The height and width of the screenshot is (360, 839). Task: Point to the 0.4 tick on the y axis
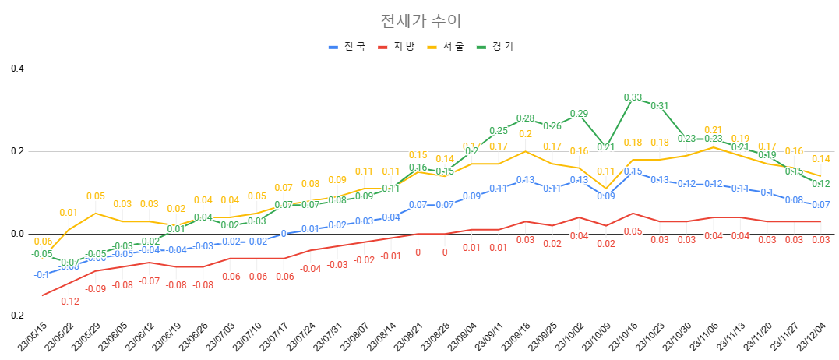click(17, 69)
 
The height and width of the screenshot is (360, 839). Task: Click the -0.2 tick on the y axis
click(16, 316)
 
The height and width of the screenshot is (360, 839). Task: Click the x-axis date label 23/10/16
click(622, 337)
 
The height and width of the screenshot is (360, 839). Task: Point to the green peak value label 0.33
click(633, 97)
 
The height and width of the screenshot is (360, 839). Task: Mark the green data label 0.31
click(659, 106)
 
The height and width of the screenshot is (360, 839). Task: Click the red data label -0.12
click(69, 302)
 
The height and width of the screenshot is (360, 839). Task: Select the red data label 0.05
click(633, 231)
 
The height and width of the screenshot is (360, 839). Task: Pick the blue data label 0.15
click(633, 171)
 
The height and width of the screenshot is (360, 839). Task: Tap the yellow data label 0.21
click(713, 130)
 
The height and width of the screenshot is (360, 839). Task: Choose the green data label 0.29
click(579, 114)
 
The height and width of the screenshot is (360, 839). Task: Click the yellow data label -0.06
click(41, 242)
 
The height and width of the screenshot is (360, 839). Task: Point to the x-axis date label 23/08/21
click(408, 337)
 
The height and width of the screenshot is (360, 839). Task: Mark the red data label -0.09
click(95, 289)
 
